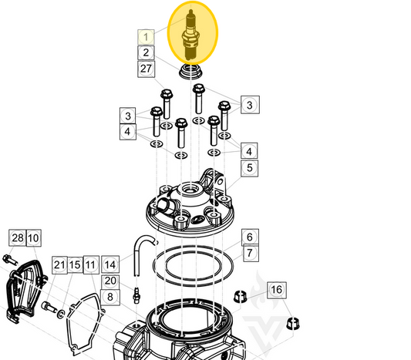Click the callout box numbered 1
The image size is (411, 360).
coord(147,36)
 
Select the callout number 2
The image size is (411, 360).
coord(147,52)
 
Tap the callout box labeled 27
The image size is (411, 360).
coord(147,69)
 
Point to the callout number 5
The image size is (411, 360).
coord(249,167)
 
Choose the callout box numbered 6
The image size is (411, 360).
coord(249,237)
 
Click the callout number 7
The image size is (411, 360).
coord(249,253)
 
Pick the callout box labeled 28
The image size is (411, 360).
coord(17,238)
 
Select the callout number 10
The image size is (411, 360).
coord(33,238)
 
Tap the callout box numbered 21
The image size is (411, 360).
coord(59,265)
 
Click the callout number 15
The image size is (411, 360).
coord(75,265)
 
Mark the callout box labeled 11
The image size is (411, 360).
coord(91,265)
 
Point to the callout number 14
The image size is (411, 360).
coord(110,265)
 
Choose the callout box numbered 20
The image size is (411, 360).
coord(110,281)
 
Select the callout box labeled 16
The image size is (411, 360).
coord(276,290)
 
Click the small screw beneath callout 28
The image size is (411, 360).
coord(8,258)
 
